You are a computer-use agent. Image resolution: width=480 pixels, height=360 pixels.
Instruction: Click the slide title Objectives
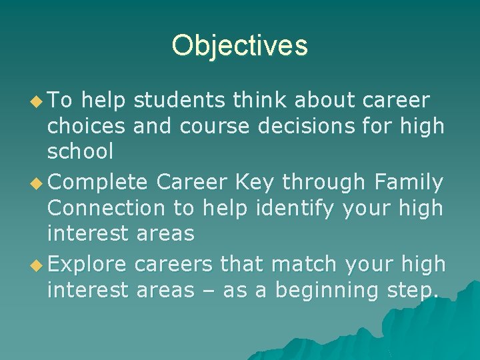(239, 46)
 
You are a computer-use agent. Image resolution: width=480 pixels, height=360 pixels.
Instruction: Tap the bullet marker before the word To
(39, 101)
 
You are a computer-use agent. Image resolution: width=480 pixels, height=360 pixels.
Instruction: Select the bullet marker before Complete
(39, 182)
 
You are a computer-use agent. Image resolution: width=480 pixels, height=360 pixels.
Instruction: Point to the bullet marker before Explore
(39, 265)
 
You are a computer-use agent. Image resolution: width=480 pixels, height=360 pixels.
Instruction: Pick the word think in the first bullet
(259, 101)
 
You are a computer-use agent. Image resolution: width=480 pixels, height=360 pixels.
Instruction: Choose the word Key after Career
(258, 182)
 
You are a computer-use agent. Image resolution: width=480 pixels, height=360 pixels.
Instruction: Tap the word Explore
(87, 265)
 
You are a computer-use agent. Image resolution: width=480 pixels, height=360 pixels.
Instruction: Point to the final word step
(413, 291)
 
